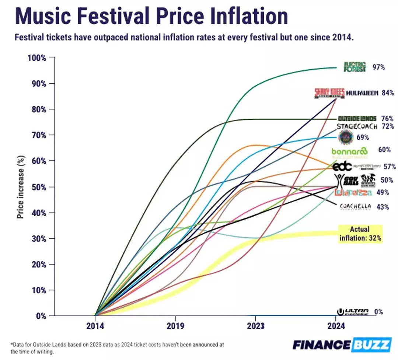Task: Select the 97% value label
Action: pos(378,67)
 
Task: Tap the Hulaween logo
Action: pos(362,93)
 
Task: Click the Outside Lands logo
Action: pos(357,119)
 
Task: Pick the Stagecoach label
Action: pos(357,126)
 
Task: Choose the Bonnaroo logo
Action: pos(349,151)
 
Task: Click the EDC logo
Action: pos(342,167)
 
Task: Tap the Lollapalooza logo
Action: pos(353,192)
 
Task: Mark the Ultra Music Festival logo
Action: pos(353,312)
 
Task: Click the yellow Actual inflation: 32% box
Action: pos(359,234)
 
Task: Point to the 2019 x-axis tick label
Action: pos(175,326)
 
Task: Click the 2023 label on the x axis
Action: pos(255,326)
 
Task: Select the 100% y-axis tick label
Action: pos(36,58)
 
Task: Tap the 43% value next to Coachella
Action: pos(383,207)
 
